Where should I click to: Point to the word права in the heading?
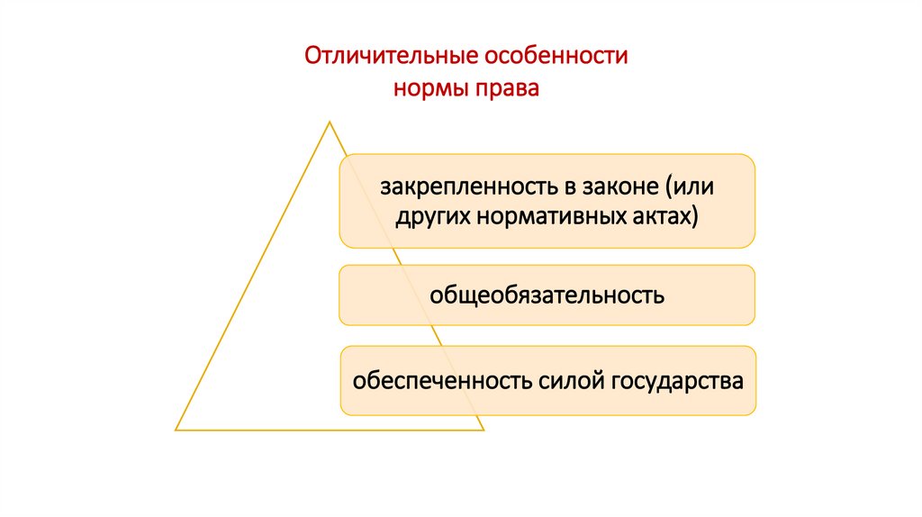pos(503,90)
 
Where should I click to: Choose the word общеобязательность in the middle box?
pos(547,295)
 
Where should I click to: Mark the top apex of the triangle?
pos(330,122)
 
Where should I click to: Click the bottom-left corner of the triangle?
pos(176,430)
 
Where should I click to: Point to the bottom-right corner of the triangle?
pos(483,430)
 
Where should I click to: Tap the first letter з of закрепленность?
pos(384,188)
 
